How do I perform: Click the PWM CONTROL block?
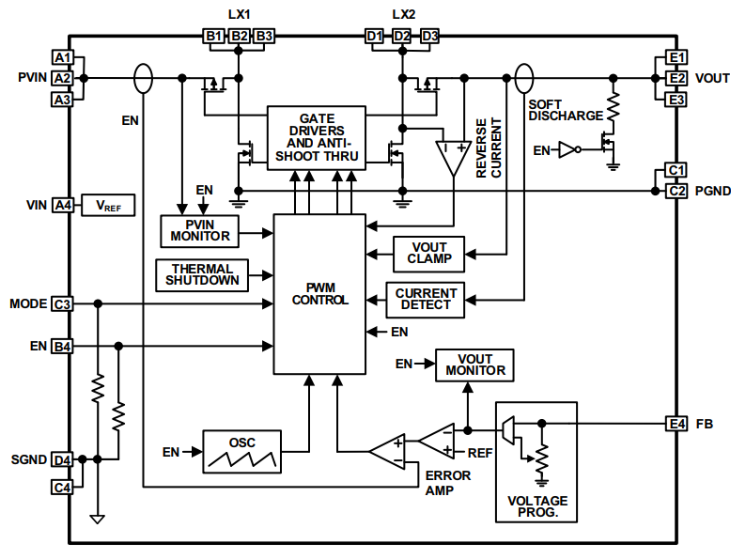(x=319, y=292)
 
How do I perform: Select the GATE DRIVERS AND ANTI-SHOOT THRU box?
(x=316, y=137)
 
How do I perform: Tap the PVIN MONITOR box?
(x=200, y=229)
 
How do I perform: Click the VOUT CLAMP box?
(x=428, y=252)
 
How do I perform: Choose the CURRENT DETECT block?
(x=426, y=300)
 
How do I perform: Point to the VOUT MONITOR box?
(x=475, y=364)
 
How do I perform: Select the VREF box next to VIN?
(x=108, y=205)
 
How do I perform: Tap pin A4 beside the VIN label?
(x=62, y=205)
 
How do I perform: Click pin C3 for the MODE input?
(x=62, y=304)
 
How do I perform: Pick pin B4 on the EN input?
(x=62, y=347)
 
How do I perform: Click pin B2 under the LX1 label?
(x=240, y=36)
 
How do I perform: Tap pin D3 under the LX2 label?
(x=430, y=36)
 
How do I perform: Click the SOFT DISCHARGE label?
(x=565, y=109)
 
